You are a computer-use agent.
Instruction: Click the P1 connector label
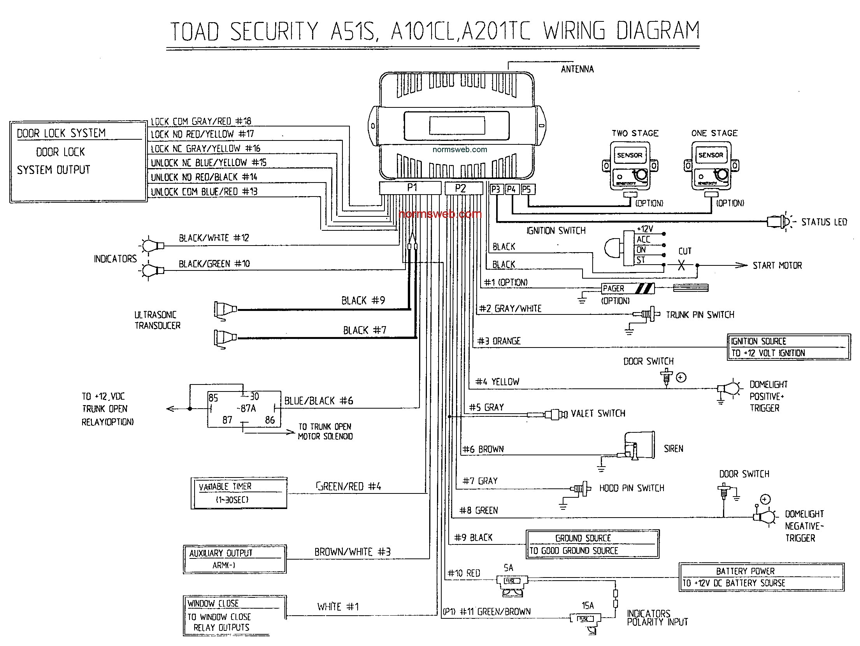click(x=412, y=188)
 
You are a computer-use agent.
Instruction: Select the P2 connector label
click(x=460, y=189)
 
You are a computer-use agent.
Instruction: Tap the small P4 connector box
click(x=511, y=190)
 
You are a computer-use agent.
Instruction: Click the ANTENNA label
click(x=577, y=69)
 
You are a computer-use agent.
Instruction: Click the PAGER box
click(x=628, y=288)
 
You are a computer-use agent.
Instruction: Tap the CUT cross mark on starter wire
click(x=681, y=265)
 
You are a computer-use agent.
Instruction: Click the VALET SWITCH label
click(x=598, y=414)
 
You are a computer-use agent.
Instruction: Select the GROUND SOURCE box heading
click(x=583, y=538)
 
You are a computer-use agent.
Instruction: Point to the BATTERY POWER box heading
click(x=745, y=571)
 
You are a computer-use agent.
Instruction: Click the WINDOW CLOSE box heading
click(x=213, y=604)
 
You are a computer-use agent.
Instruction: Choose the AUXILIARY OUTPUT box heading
click(x=221, y=553)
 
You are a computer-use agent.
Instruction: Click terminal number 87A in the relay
click(x=247, y=409)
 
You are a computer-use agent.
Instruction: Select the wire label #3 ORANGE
click(x=499, y=341)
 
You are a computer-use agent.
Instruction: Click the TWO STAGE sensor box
click(x=629, y=166)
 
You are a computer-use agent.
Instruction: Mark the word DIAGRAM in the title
click(x=658, y=31)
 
